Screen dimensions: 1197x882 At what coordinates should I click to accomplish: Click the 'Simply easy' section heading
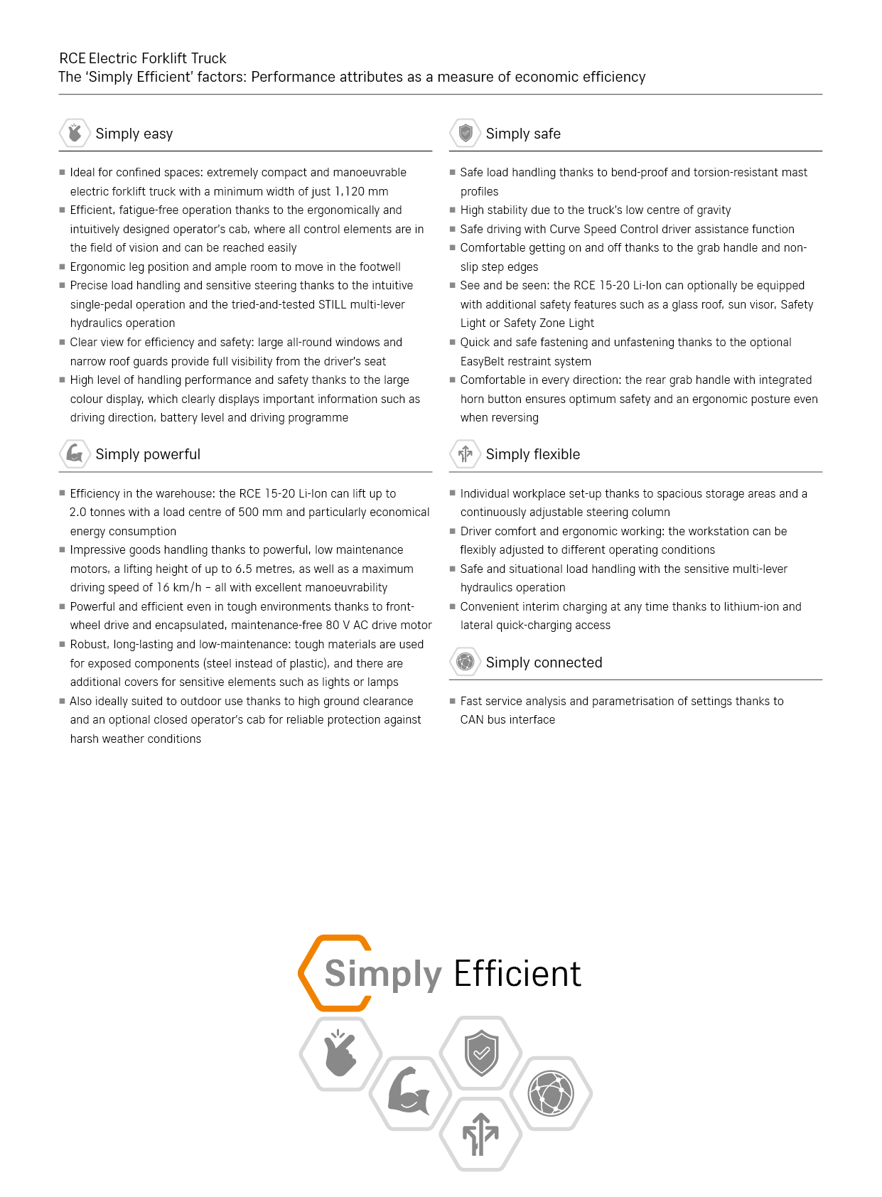(134, 134)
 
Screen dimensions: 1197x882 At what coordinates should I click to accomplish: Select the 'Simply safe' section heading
(523, 134)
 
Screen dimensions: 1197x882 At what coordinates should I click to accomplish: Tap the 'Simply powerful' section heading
(148, 454)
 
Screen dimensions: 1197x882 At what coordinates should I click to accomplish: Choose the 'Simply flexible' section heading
(532, 454)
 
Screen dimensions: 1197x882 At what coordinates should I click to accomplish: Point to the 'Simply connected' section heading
(544, 662)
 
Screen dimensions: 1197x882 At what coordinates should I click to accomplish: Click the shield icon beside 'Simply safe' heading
(466, 133)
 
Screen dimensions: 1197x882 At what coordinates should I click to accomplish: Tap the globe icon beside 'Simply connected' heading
(466, 662)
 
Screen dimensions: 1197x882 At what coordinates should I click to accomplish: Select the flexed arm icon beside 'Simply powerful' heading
(75, 453)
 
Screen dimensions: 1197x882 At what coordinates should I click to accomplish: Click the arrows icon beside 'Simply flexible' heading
(466, 453)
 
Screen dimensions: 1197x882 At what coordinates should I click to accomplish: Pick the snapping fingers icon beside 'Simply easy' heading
(75, 133)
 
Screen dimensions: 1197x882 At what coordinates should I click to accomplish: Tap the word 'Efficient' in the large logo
(517, 974)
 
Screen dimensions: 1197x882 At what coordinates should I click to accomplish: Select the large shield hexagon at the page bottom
(481, 1053)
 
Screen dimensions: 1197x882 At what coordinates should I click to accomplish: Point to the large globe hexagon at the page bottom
(551, 1093)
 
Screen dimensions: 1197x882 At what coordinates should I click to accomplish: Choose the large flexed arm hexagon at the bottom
(409, 1092)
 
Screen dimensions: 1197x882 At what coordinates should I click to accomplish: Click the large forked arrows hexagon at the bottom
(480, 1134)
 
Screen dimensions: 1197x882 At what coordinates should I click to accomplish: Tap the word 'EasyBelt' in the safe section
(483, 361)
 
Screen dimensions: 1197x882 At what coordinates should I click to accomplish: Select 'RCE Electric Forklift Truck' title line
(143, 58)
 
